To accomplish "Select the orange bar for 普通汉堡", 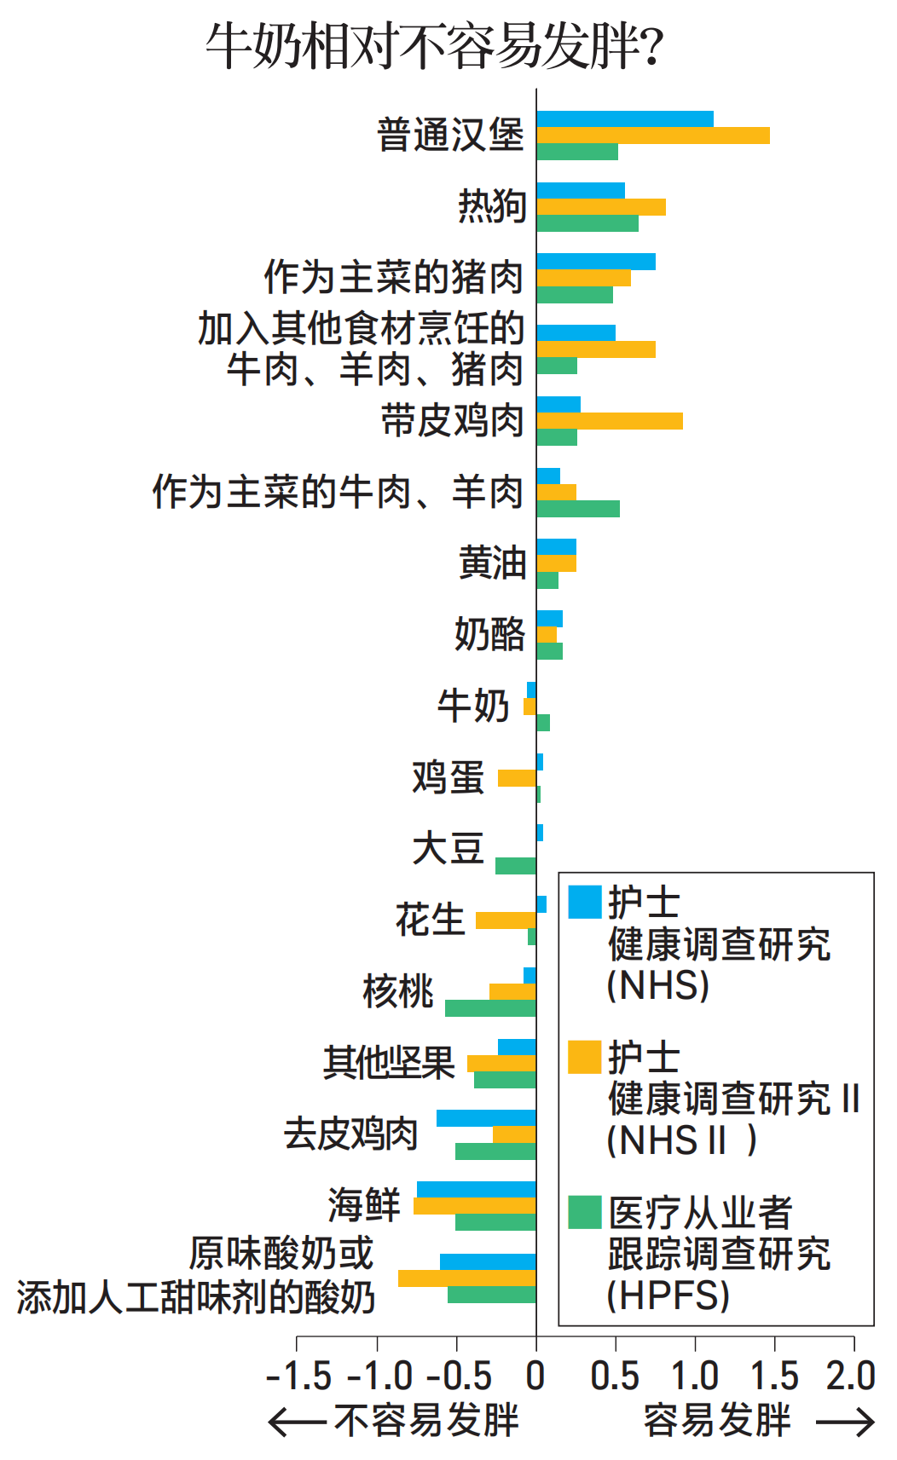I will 652,136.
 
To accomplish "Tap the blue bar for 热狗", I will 581,191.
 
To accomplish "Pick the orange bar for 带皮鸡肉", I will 609,421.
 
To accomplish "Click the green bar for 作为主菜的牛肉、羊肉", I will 577,509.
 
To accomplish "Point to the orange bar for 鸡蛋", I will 517,778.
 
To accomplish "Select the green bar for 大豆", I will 516,866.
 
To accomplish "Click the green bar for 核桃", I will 490,1008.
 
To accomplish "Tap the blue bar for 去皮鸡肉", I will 486,1118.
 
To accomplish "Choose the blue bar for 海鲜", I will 477,1190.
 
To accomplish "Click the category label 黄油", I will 492,563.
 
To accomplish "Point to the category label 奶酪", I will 489,635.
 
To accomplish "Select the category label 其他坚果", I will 389,1063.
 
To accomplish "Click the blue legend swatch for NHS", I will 585,902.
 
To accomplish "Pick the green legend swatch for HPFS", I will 585,1212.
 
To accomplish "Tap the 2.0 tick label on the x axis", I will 851,1376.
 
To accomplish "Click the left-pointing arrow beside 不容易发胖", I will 297,1422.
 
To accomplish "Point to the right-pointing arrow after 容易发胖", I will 845,1422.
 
